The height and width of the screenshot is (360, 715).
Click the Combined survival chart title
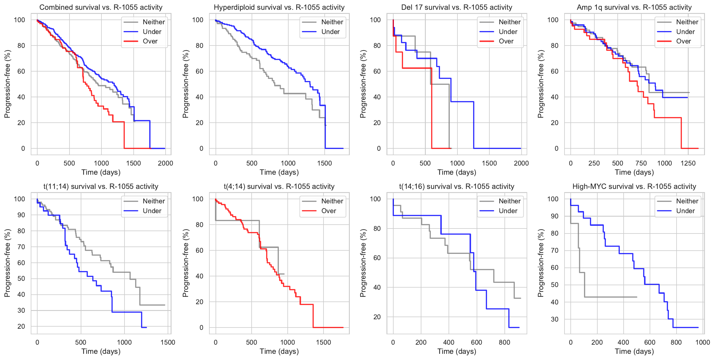click(101, 7)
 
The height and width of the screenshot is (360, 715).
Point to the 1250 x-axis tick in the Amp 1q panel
click(688, 163)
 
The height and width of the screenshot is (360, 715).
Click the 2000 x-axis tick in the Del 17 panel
click(521, 163)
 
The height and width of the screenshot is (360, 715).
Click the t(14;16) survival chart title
click(457, 187)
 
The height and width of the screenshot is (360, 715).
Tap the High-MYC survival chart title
click(634, 187)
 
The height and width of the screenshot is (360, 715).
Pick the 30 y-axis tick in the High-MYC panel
click(555, 319)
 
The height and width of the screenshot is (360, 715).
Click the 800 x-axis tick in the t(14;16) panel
click(504, 342)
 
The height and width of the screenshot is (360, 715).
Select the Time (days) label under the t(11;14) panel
click(101, 351)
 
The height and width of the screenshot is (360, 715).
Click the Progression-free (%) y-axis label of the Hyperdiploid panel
click(185, 84)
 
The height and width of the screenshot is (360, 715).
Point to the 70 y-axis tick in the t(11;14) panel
click(21, 247)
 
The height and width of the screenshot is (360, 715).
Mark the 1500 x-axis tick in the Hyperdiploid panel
click(325, 163)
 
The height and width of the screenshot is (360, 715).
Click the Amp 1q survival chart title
click(634, 7)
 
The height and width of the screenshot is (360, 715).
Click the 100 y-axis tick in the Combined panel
click(20, 20)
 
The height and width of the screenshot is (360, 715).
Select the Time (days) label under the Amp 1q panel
click(634, 172)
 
